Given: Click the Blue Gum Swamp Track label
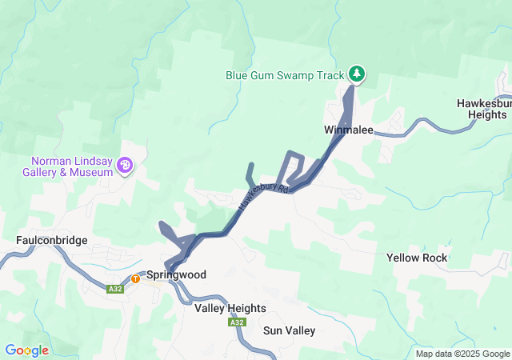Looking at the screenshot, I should [284, 76].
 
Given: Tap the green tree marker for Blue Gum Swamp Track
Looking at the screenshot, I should [356, 74].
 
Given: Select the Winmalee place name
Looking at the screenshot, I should [349, 130].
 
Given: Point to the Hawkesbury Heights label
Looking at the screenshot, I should [482, 109].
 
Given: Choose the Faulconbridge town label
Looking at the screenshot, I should [51, 240].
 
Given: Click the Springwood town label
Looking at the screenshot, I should [176, 274].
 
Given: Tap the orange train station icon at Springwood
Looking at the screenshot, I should [136, 278].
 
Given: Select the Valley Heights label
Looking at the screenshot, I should [230, 308].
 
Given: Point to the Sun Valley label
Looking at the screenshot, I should [290, 330].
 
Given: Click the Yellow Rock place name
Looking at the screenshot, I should [417, 258].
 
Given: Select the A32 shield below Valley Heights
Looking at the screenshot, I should [236, 322].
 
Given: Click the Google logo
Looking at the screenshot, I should [26, 350].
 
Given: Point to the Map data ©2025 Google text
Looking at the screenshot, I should [462, 354].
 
